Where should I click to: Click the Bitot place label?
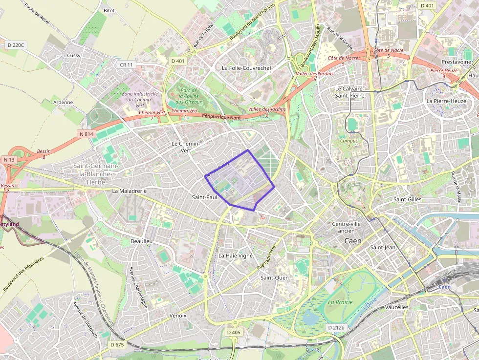(109, 10)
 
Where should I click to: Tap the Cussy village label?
(74, 55)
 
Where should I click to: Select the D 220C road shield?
(16, 45)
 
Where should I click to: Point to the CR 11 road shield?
(126, 64)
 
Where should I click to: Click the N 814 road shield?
(86, 133)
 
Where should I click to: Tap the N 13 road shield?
(9, 160)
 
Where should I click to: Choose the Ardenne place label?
(63, 103)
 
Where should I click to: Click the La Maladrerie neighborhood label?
(129, 191)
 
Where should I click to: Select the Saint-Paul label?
(204, 197)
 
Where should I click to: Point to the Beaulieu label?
(142, 242)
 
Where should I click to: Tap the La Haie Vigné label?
(235, 255)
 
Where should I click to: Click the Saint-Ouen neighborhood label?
(274, 277)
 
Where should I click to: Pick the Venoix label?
(178, 316)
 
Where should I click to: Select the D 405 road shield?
(234, 332)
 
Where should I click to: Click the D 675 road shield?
(117, 344)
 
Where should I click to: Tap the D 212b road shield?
(336, 327)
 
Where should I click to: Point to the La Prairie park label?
(340, 302)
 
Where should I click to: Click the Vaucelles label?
(396, 307)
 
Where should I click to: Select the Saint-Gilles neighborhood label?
(407, 199)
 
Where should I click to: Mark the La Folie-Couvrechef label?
(246, 68)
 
